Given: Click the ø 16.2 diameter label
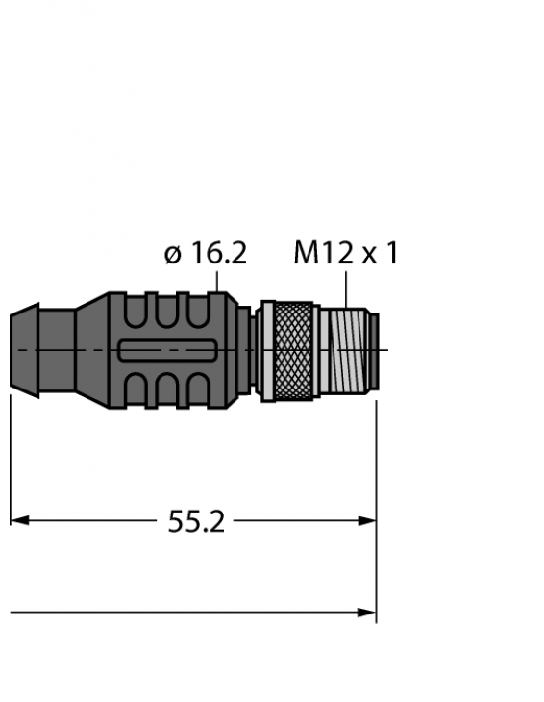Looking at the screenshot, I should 205,253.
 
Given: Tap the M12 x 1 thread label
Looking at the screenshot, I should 345,253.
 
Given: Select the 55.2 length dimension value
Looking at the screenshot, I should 196,521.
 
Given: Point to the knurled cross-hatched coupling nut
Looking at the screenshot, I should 289,350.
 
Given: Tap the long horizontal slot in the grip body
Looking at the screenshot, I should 166,352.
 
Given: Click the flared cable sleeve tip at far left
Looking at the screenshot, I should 24,350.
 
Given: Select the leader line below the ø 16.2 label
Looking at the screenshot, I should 220,280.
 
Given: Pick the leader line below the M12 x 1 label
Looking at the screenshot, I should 345,286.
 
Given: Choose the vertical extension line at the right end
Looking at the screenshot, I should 376,500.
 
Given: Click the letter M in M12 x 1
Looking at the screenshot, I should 307,253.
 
